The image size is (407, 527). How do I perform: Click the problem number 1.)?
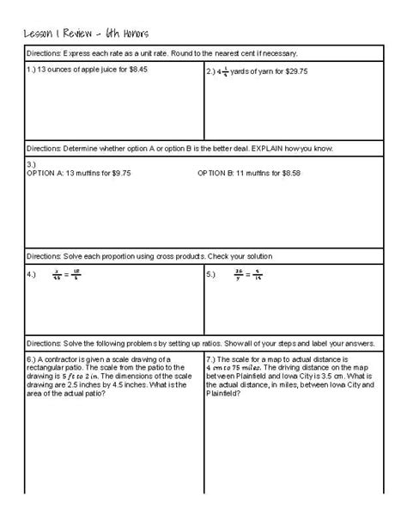click(x=33, y=68)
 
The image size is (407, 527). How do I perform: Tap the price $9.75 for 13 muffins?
click(x=118, y=172)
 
